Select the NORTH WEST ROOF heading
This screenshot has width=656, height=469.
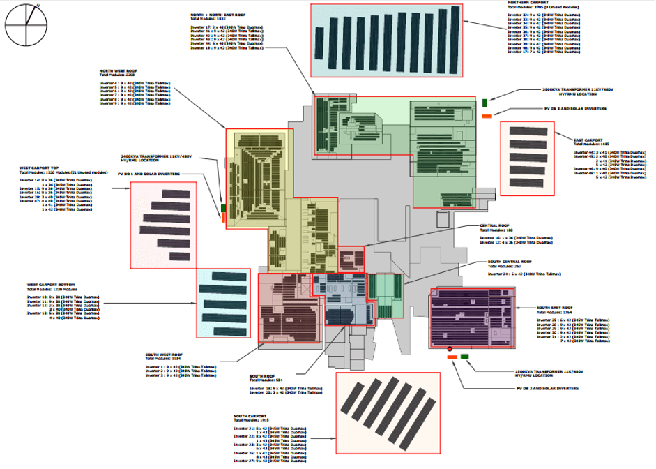[117, 70]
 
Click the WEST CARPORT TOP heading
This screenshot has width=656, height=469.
[36, 168]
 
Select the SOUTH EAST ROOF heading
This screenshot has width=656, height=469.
[554, 308]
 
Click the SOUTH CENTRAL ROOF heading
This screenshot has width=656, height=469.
[509, 262]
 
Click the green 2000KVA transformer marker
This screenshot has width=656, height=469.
[485, 103]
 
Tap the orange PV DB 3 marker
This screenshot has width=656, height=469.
[487, 115]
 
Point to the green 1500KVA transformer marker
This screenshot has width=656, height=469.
[464, 357]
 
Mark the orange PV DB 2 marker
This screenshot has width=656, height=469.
[451, 357]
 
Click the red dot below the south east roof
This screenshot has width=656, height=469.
[450, 348]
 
